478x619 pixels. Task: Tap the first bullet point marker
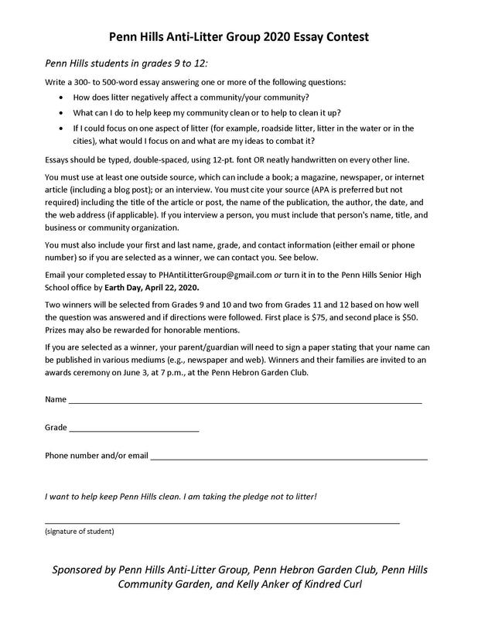(x=62, y=97)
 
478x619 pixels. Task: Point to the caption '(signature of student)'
(x=79, y=532)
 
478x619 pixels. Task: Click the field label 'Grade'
(x=56, y=427)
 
